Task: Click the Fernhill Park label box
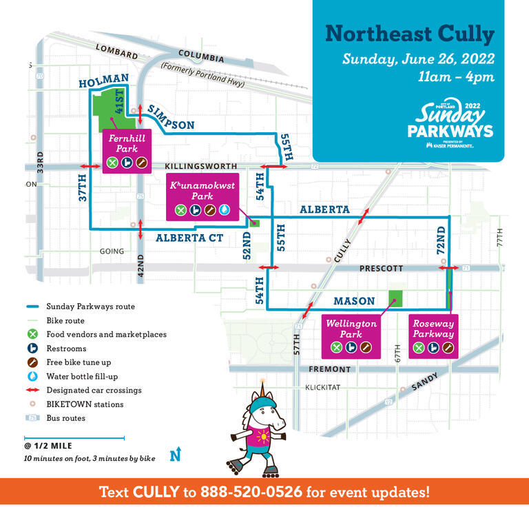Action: coord(127,151)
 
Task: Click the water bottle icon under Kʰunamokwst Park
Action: coord(225,210)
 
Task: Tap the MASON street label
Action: coord(353,301)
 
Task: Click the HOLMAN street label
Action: coord(104,82)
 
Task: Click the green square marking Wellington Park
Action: coord(395,298)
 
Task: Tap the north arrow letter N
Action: coord(175,455)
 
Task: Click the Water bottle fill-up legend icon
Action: coord(32,376)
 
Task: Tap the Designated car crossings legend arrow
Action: coord(32,390)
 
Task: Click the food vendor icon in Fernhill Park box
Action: coord(112,163)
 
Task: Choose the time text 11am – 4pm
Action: coord(456,76)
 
